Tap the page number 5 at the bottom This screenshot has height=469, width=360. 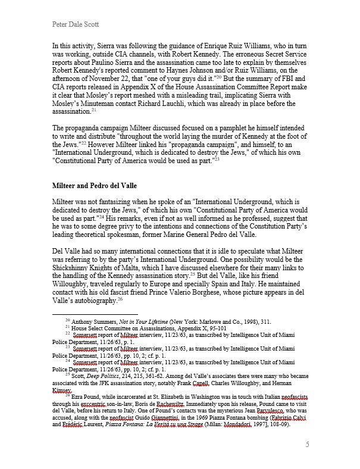click(x=308, y=444)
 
